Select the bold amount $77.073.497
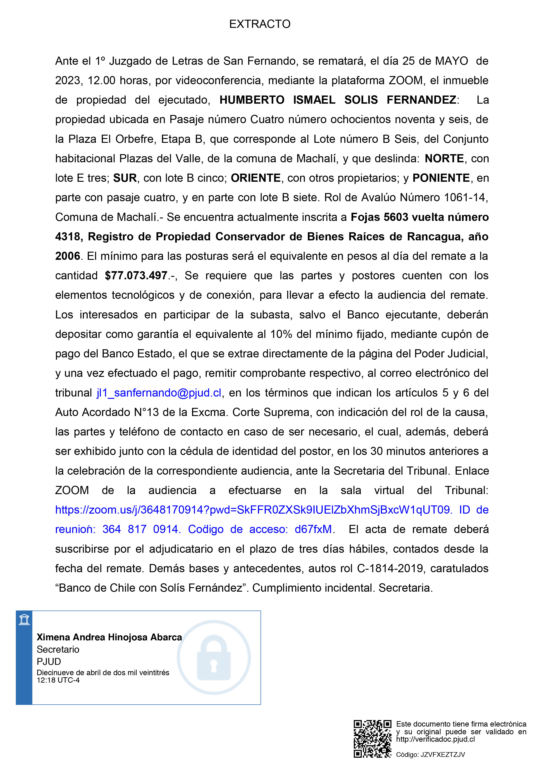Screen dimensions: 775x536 pyautogui.click(x=136, y=275)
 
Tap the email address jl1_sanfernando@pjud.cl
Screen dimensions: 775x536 pyautogui.click(x=159, y=393)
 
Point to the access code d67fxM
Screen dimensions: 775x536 pyautogui.click(x=313, y=529)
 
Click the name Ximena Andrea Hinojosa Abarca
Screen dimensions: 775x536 pyautogui.click(x=109, y=637)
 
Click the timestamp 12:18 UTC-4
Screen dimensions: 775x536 pyautogui.click(x=58, y=680)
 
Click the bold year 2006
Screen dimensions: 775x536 pyautogui.click(x=67, y=256)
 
